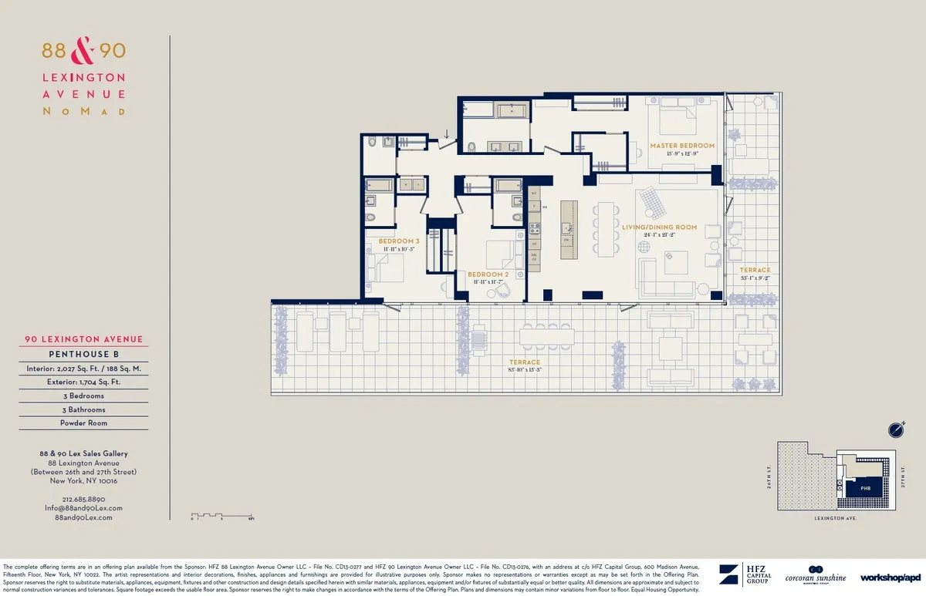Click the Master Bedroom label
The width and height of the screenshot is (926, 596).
tap(681, 145)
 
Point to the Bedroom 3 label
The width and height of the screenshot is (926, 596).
tap(397, 241)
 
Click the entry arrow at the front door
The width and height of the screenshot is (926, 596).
tap(445, 134)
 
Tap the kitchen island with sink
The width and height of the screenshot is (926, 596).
tap(569, 227)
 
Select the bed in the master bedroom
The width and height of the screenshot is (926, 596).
tap(677, 120)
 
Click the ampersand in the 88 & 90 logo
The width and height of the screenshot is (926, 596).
tap(83, 52)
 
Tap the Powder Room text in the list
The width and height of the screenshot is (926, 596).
tap(85, 423)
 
